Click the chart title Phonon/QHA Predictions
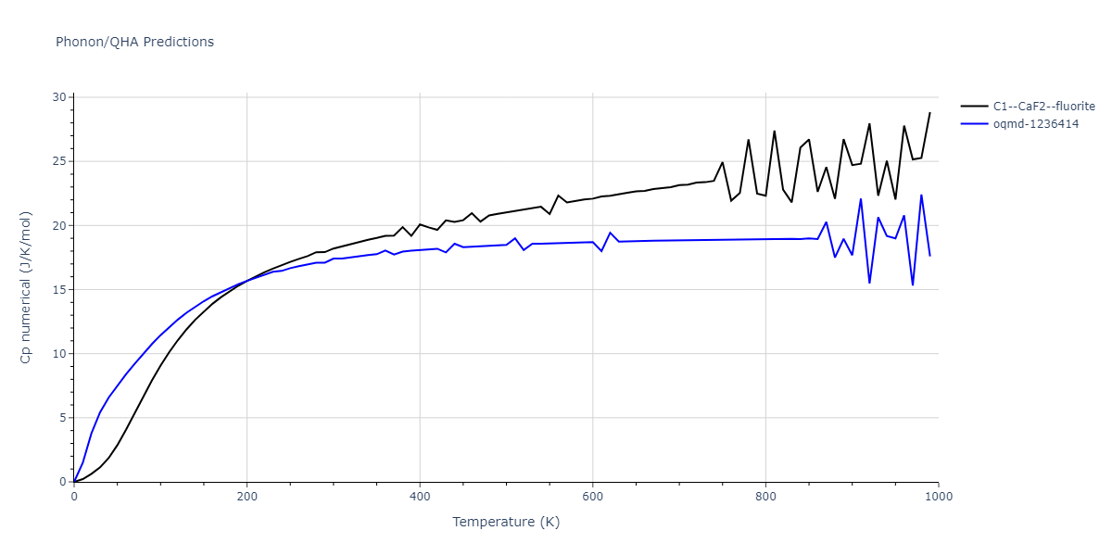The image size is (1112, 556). click(134, 42)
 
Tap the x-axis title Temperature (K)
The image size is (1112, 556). click(506, 522)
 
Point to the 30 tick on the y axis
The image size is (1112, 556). click(59, 97)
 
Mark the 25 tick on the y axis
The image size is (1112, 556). click(59, 161)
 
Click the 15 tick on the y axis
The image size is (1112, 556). click(59, 289)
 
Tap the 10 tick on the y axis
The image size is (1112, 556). click(59, 354)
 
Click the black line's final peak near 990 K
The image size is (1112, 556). click(929, 113)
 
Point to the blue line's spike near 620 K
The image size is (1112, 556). click(610, 233)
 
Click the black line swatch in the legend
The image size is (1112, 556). click(974, 107)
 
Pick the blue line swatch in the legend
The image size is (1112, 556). click(974, 124)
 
